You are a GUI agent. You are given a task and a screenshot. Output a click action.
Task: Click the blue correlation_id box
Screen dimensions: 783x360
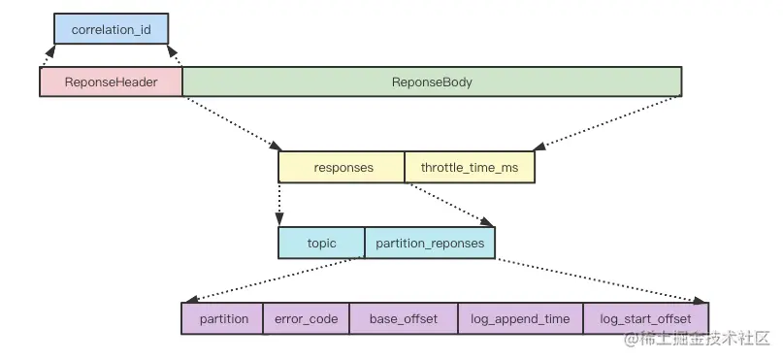click(x=112, y=29)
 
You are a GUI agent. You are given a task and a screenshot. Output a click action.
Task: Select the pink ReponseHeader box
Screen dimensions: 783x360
click(x=111, y=82)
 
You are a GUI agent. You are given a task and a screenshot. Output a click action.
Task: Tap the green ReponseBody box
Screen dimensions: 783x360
click(x=432, y=82)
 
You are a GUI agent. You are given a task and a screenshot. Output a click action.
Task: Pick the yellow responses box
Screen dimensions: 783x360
click(x=342, y=167)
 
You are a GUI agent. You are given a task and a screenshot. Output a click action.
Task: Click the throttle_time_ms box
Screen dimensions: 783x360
click(x=470, y=167)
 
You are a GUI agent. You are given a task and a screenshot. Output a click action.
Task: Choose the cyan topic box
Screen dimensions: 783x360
click(x=321, y=244)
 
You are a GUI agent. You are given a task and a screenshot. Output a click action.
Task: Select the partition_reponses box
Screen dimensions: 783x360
click(x=430, y=244)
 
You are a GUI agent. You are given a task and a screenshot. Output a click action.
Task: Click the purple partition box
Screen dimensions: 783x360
click(x=222, y=318)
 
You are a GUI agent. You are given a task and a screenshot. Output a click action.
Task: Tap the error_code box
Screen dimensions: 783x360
click(x=306, y=318)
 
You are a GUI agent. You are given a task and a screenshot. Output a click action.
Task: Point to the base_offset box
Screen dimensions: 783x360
click(x=404, y=318)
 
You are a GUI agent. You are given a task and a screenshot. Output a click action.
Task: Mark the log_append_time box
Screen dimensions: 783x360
click(x=520, y=318)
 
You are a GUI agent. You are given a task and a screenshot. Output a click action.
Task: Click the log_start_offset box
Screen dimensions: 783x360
click(x=645, y=318)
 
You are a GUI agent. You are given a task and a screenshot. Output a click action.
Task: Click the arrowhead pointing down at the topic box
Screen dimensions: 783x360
click(x=279, y=218)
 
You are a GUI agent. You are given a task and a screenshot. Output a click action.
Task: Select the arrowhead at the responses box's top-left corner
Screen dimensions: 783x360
click(x=276, y=146)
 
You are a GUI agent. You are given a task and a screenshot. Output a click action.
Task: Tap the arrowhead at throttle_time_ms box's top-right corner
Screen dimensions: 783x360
click(x=539, y=146)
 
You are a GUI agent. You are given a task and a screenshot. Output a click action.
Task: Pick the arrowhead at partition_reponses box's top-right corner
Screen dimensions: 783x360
click(x=487, y=221)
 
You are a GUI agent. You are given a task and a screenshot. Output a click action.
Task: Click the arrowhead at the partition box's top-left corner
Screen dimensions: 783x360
click(x=192, y=299)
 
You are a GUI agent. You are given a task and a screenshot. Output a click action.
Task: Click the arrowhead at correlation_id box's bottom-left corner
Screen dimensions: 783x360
click(x=49, y=50)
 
